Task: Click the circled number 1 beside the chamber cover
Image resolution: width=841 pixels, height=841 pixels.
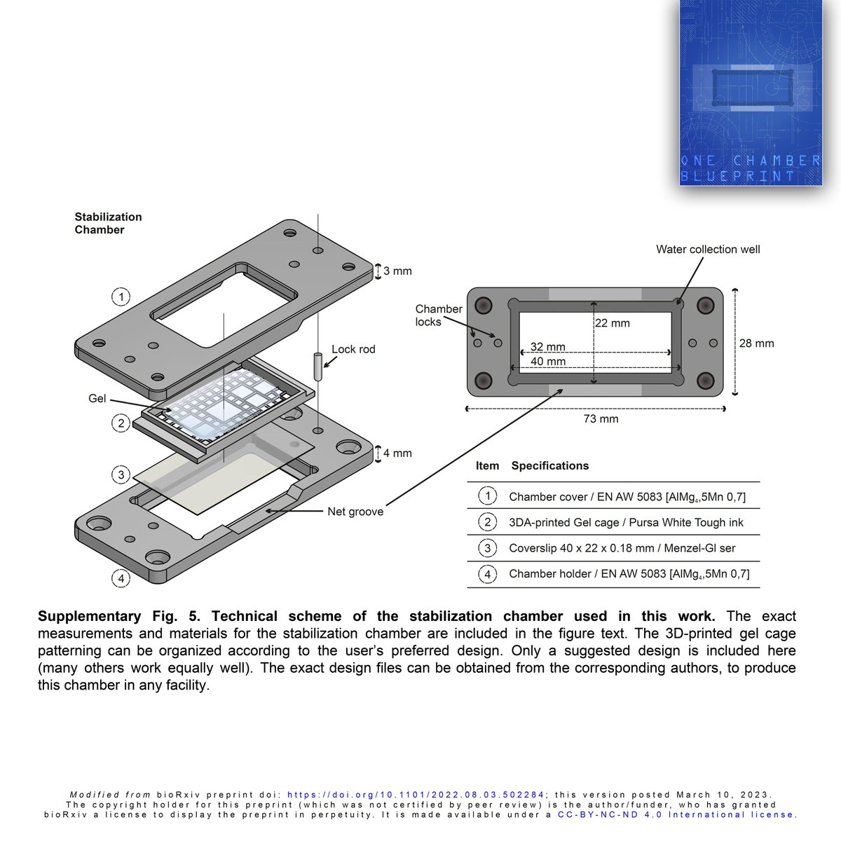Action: pos(121,297)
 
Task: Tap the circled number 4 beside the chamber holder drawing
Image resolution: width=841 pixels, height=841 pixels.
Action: pos(121,578)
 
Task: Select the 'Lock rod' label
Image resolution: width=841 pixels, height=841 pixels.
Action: pos(353,349)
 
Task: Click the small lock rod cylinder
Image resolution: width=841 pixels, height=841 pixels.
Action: pos(317,365)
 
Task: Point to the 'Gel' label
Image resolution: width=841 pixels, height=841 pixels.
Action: pos(97,398)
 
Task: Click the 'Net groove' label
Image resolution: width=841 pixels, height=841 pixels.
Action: pos(355,512)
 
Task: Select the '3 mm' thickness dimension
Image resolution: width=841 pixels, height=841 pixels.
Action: pos(397,271)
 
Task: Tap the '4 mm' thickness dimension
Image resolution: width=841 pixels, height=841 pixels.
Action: pos(397,453)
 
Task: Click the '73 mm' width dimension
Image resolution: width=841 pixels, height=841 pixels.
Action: pos(601,419)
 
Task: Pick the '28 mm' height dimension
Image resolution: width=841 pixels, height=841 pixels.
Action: pos(756,343)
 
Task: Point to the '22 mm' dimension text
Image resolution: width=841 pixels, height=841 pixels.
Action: pos(613,323)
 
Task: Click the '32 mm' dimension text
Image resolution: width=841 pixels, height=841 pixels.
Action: pos(547,347)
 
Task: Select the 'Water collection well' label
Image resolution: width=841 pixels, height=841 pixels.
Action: pos(708,249)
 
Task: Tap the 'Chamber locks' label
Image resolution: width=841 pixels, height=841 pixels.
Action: pos(439,315)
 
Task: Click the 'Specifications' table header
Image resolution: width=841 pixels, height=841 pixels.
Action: pos(550,466)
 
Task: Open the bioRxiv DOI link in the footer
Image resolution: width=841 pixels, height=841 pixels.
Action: pos(416,795)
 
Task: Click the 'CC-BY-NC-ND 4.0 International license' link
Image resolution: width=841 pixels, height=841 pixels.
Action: pos(676,814)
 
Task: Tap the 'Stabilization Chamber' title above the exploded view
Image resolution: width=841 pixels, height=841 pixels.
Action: pos(109,224)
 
